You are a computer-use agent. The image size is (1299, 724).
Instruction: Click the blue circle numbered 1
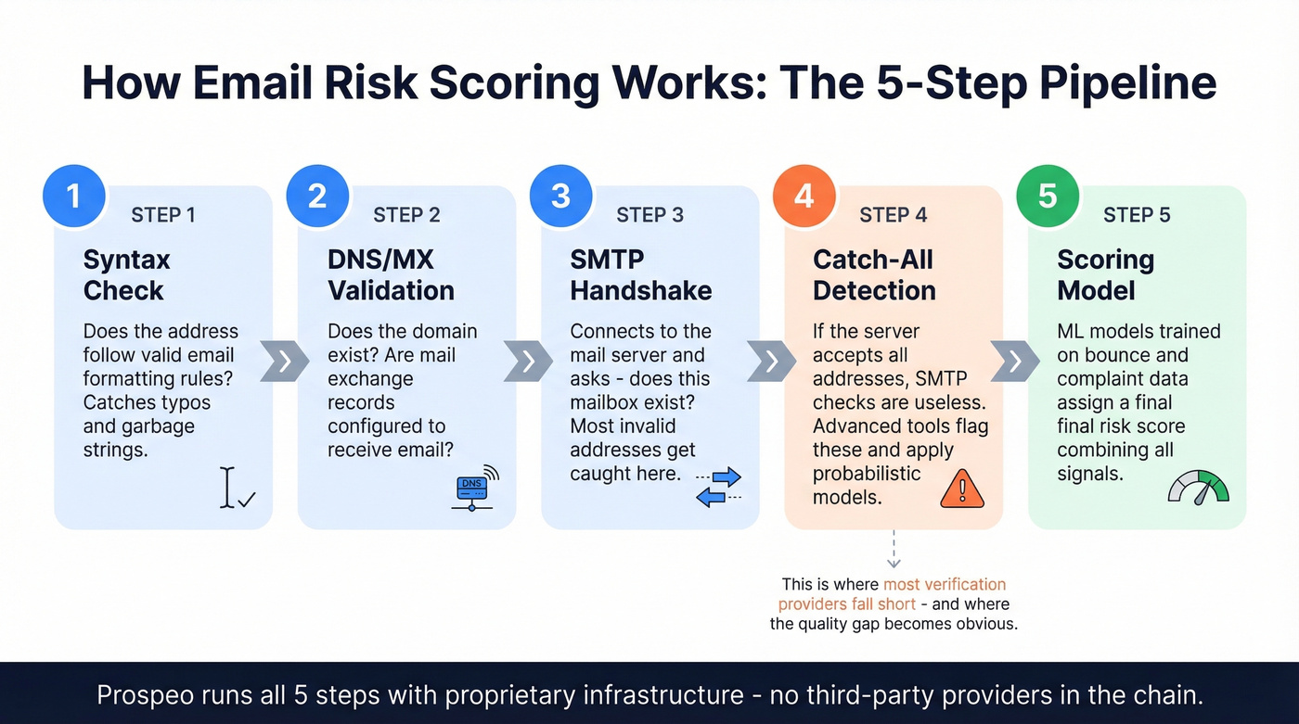coord(73,197)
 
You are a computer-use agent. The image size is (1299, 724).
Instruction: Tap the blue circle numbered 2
coord(317,197)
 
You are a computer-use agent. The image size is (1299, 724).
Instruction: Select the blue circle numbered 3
coord(560,197)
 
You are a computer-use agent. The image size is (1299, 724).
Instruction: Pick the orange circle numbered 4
coord(804,197)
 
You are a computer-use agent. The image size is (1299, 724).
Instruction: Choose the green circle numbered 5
coord(1048,197)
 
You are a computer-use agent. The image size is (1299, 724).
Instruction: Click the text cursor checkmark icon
coord(237,489)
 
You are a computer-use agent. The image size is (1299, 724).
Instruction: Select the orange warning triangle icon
coord(961,489)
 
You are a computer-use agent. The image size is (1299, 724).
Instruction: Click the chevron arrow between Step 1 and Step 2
coord(284,361)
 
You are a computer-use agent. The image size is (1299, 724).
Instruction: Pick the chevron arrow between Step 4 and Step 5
coord(1015,361)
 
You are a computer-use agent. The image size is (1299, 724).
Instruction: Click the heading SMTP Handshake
coord(640,274)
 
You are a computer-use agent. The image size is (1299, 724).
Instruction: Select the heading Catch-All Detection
coord(873,274)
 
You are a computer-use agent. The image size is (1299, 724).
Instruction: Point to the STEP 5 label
coord(1137,215)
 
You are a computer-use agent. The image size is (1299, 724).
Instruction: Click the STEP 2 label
coord(406,215)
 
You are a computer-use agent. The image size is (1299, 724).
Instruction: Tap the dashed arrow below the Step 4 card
coord(894,549)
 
